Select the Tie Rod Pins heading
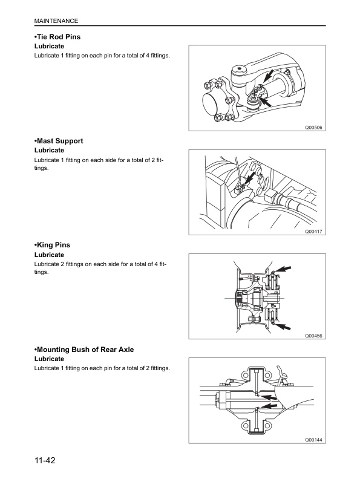[x=62, y=37]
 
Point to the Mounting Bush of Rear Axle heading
[x=84, y=350]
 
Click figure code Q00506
[x=314, y=127]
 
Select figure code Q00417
[x=314, y=231]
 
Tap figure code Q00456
[x=314, y=335]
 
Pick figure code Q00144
[x=314, y=440]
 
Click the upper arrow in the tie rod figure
[x=270, y=76]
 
